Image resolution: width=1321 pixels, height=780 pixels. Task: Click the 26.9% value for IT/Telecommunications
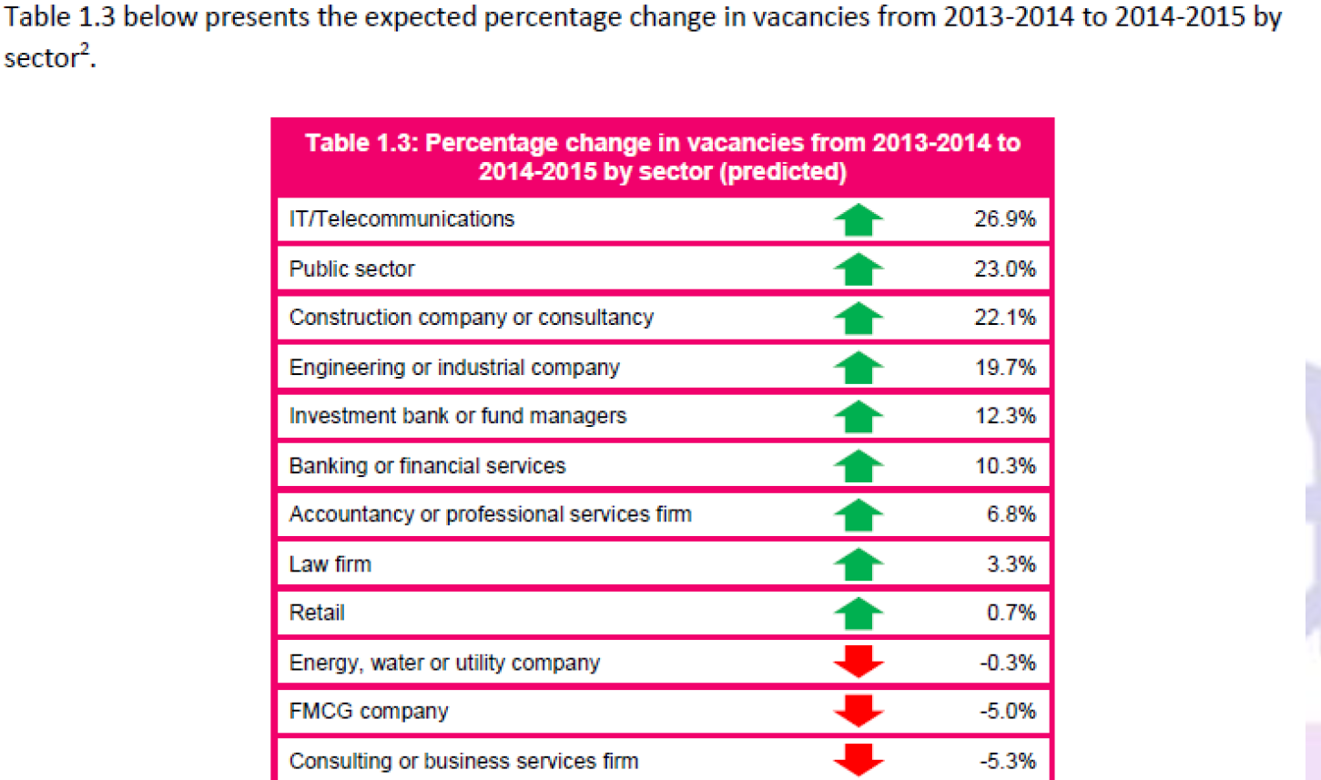click(1004, 219)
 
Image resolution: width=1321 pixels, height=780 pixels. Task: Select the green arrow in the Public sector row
click(858, 269)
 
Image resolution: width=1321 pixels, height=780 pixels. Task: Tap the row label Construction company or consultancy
click(471, 318)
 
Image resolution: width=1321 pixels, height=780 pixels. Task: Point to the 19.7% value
click(1005, 368)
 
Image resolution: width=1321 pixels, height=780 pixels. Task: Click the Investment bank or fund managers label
click(457, 416)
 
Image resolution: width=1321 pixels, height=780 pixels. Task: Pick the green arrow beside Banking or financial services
click(858, 466)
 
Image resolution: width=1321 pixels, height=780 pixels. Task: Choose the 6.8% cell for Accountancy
click(1011, 514)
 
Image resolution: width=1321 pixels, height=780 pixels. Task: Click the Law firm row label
click(330, 564)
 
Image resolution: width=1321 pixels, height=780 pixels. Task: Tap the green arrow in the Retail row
click(858, 613)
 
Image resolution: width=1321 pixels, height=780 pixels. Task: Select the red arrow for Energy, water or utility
click(858, 662)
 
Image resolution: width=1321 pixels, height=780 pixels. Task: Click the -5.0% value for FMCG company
click(1007, 711)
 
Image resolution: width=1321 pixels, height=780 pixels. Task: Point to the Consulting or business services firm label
click(463, 761)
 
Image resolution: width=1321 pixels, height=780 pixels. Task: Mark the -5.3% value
click(1007, 761)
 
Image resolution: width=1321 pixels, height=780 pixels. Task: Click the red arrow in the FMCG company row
click(858, 711)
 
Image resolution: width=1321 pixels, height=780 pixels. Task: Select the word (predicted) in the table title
click(783, 172)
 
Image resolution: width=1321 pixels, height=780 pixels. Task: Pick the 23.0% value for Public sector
click(1004, 269)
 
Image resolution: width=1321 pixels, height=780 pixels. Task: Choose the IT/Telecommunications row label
click(401, 219)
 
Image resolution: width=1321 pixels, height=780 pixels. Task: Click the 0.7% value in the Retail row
click(1011, 613)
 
